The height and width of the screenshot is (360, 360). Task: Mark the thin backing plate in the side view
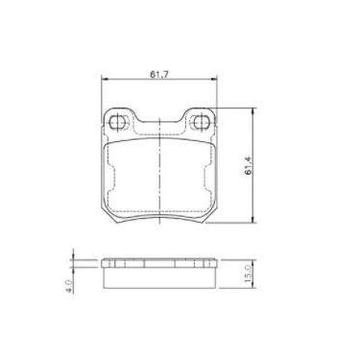tap(160, 282)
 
